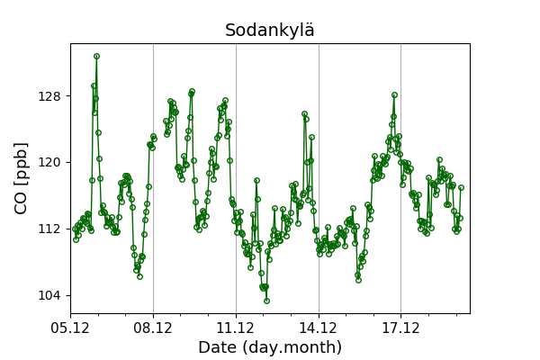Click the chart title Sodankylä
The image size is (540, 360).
pos(270,31)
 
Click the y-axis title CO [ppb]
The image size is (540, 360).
pos(21,178)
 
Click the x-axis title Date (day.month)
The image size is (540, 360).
pos(270,347)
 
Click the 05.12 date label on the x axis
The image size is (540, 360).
pos(70,327)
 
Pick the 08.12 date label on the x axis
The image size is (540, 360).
pos(153,327)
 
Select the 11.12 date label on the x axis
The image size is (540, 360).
pos(236,327)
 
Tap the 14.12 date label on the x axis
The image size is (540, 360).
pos(319,327)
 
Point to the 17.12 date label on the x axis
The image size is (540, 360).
pos(400,327)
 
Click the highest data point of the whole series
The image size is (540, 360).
pos(96,56)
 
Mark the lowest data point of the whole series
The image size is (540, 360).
pos(266,301)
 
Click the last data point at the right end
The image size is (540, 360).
pos(461,188)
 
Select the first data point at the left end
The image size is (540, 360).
pos(75,229)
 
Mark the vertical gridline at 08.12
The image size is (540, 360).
pos(153,180)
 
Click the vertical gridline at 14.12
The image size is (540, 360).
pos(319,180)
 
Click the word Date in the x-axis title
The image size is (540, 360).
pos(218,347)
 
